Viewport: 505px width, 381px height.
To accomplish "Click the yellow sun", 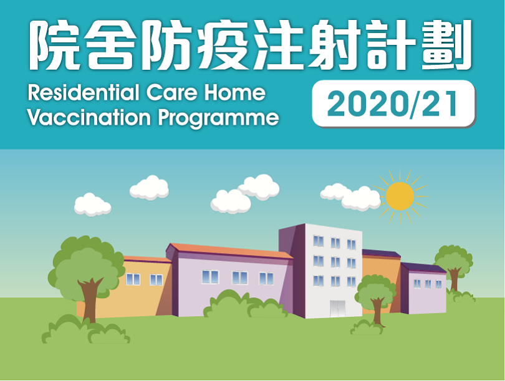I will pos(400,196).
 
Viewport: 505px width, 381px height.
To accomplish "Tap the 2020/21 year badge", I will pos(393,104).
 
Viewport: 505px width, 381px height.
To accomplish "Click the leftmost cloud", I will pos(92,204).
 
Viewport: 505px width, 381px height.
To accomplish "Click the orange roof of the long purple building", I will pos(231,251).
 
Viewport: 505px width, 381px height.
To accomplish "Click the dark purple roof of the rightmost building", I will pos(424,268).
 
